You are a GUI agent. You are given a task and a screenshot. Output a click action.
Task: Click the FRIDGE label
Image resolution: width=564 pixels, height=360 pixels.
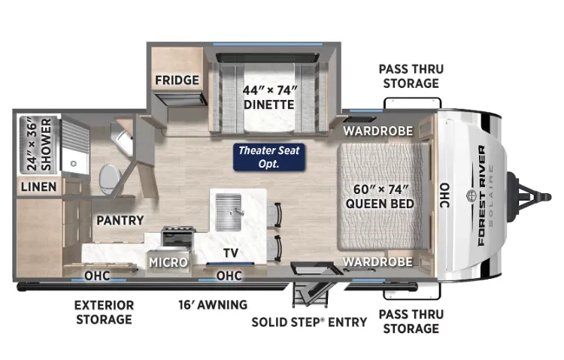tap(177, 80)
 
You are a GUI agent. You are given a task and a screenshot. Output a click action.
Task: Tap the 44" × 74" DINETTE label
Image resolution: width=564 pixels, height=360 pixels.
tap(269, 97)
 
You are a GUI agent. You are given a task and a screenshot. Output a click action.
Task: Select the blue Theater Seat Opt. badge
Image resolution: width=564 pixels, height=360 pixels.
tap(269, 157)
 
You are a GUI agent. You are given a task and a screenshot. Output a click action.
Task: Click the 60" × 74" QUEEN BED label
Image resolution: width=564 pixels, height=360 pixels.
tap(380, 196)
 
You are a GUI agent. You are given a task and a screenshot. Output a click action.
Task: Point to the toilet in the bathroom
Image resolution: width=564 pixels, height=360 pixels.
tap(109, 179)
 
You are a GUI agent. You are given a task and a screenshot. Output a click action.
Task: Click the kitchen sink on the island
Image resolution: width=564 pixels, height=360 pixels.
tap(229, 212)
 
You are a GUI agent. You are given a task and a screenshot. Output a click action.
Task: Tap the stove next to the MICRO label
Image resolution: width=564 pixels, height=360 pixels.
tap(177, 237)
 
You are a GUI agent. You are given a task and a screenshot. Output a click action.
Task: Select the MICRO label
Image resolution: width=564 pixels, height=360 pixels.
tap(168, 262)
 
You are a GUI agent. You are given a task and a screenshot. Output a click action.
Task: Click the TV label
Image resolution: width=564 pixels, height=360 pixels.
tap(231, 253)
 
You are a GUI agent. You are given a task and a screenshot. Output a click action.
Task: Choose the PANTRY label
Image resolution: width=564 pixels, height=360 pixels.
tap(120, 220)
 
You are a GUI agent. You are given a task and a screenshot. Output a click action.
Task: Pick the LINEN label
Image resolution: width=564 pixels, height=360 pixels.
tap(39, 186)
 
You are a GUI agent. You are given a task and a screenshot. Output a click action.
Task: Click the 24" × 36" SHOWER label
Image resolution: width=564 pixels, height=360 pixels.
tap(39, 144)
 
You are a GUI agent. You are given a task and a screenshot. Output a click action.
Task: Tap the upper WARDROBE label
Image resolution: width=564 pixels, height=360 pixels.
tap(378, 131)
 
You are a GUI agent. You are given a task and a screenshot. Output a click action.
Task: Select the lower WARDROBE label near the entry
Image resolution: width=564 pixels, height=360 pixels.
tap(378, 262)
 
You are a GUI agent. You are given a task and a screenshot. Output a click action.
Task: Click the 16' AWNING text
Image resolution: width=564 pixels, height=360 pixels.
tap(213, 305)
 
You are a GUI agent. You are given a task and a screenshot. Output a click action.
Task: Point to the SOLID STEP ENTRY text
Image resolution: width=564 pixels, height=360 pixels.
tap(309, 322)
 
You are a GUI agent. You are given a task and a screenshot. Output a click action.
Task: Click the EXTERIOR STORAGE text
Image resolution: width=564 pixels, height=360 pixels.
tap(105, 312)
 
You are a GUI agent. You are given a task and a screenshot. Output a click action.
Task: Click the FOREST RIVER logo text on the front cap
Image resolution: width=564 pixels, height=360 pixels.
tap(482, 195)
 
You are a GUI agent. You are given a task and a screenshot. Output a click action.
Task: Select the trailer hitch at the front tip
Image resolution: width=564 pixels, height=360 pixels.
tap(529, 197)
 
